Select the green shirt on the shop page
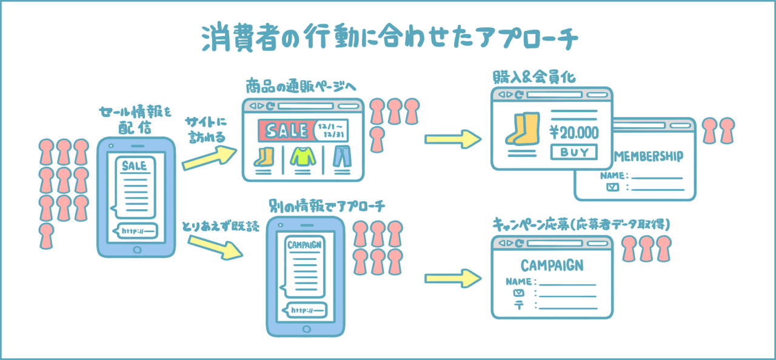303,157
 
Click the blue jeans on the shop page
342,157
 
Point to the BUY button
573,152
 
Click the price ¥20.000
574,132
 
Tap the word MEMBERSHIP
649,156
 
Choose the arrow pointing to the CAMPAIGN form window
453,279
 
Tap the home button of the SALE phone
136,249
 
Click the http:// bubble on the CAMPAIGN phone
306,310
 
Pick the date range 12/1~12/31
337,130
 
